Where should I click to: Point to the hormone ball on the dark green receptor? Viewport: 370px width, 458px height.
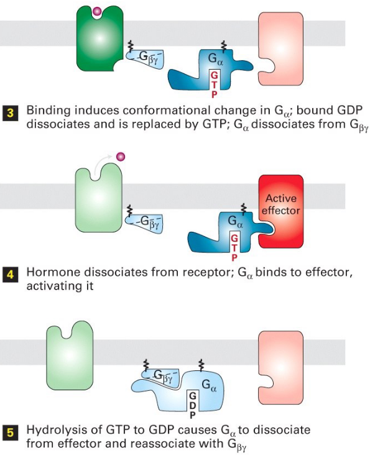coord(96,11)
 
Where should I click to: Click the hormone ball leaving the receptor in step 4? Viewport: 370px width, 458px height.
coord(122,155)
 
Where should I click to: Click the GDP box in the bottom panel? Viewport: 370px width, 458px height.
coord(192,404)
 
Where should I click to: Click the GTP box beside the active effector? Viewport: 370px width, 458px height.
coord(234,245)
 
